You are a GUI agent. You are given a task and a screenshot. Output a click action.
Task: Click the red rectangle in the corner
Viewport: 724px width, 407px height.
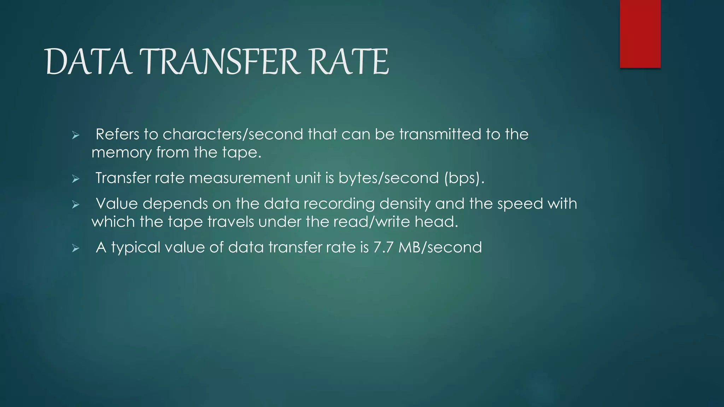(x=640, y=34)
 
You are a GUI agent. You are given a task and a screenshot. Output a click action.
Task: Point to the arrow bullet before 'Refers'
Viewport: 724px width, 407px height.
(x=75, y=135)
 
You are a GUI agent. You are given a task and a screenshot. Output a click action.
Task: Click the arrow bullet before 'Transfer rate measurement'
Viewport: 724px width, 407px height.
(x=75, y=179)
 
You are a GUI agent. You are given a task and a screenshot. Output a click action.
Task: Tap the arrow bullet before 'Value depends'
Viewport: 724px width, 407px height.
(x=75, y=204)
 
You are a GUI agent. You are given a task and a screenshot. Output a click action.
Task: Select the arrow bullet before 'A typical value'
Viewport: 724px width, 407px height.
(x=75, y=248)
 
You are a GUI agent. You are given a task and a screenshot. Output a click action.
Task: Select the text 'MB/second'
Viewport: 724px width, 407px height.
(x=440, y=247)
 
